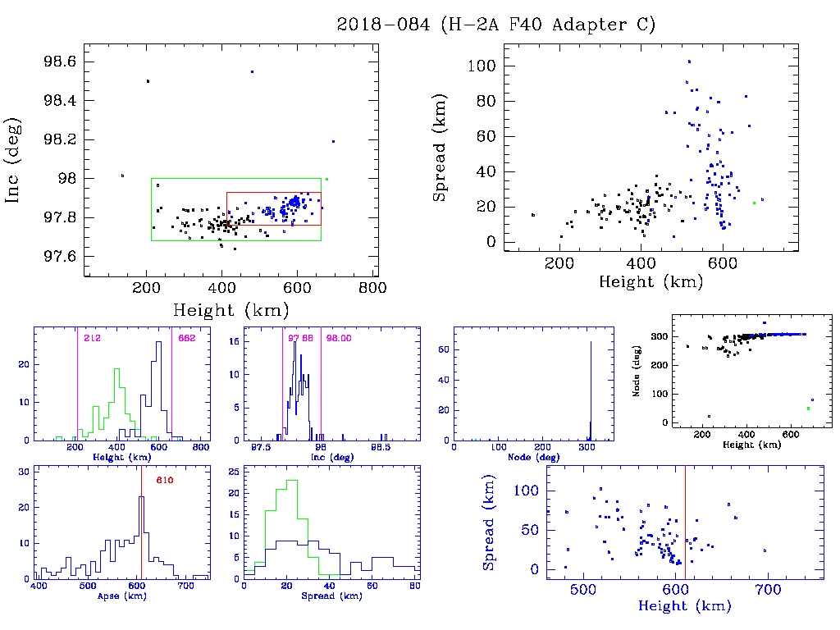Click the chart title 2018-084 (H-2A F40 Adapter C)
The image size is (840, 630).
(x=496, y=25)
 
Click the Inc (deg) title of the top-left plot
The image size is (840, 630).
(x=14, y=160)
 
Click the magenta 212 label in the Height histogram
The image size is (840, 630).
(x=91, y=338)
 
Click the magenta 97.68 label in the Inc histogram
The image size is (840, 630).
(x=301, y=338)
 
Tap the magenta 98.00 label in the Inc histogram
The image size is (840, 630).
(x=339, y=338)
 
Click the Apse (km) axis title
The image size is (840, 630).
(x=121, y=596)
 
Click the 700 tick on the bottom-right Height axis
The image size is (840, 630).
(x=769, y=589)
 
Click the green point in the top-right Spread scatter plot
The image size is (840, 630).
(x=754, y=203)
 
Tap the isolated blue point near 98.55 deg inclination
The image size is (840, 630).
(x=252, y=72)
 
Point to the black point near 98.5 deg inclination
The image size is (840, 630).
(x=148, y=81)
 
